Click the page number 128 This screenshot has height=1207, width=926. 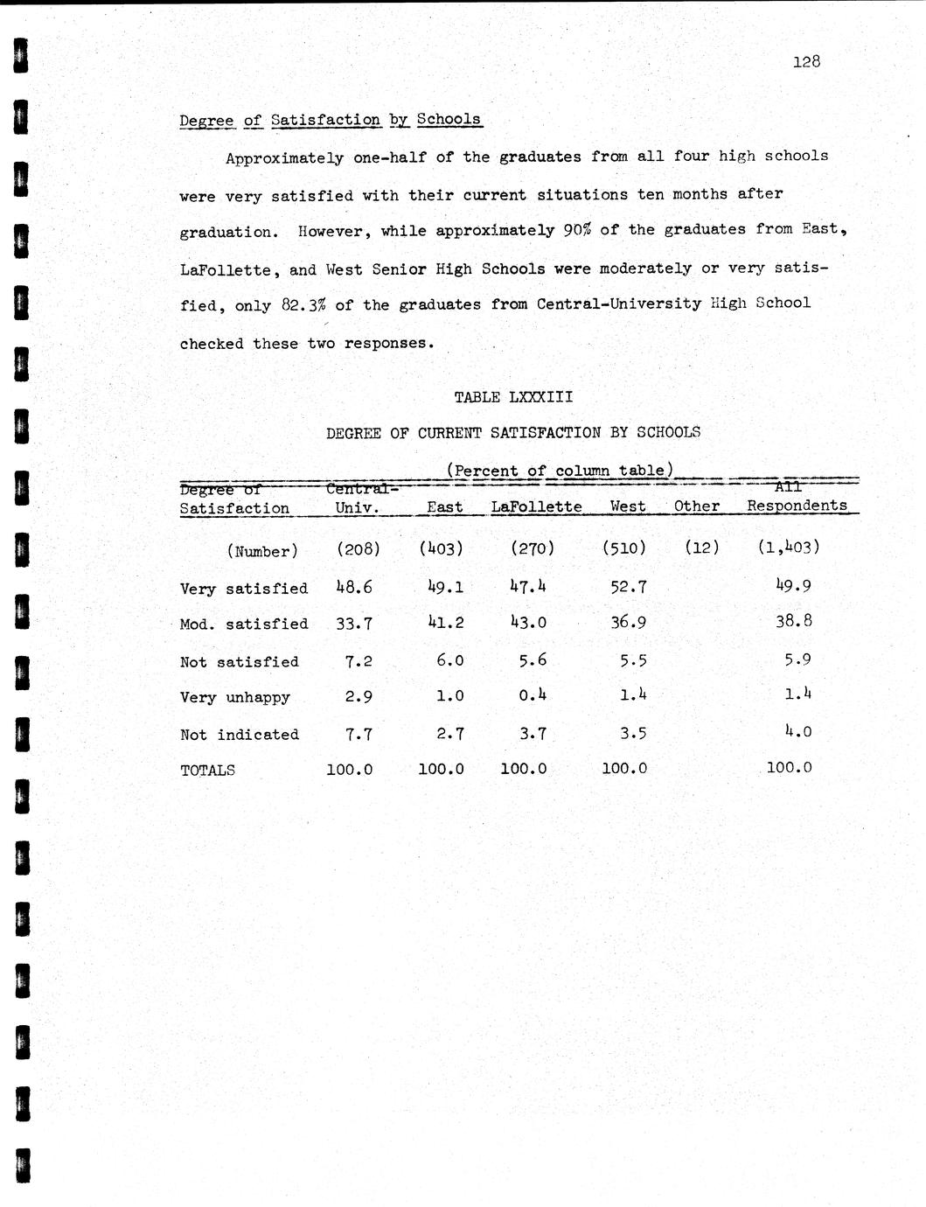pos(807,61)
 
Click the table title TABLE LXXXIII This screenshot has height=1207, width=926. pos(513,397)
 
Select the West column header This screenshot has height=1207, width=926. pos(628,506)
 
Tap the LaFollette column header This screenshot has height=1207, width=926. pos(536,506)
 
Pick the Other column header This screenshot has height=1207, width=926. pos(697,506)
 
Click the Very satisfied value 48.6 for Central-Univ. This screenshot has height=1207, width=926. pos(354,587)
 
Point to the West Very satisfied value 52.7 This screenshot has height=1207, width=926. pos(628,587)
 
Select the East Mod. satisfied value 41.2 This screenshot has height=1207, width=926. pos(445,623)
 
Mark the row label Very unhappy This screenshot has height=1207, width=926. pos(234,698)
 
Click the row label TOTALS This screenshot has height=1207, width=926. pos(207,771)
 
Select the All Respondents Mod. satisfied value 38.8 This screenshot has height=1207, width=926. pos(793,622)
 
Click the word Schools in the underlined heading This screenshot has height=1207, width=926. pos(449,119)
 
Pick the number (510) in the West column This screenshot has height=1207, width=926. pos(624,548)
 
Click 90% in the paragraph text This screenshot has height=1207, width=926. pos(577,230)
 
